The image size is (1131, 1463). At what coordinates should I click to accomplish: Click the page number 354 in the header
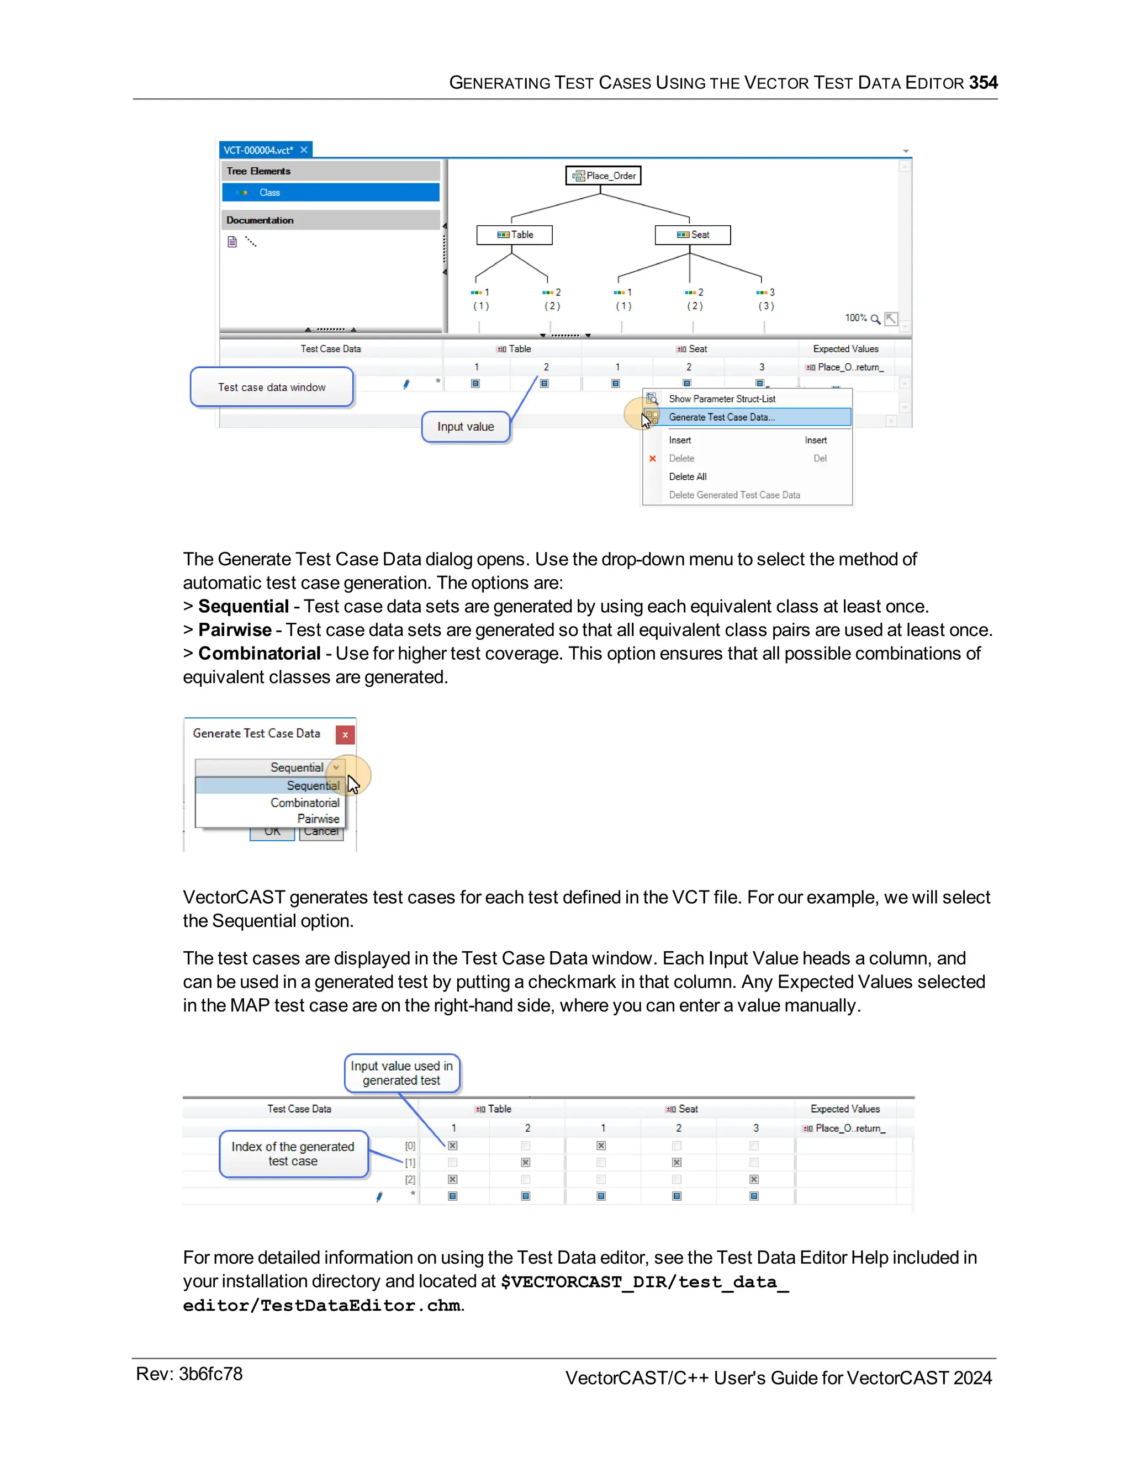(x=982, y=82)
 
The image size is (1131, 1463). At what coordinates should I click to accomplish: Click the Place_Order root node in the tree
(x=603, y=176)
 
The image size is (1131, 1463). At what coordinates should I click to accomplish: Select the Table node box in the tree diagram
(x=515, y=235)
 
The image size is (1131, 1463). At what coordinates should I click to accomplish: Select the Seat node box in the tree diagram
(x=693, y=235)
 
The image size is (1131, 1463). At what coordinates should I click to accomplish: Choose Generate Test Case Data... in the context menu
(x=722, y=417)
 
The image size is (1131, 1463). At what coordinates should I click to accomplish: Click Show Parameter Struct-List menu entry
(x=722, y=399)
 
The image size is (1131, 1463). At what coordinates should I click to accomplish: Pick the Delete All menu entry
(x=688, y=476)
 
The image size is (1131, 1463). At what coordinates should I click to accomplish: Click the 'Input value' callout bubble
(x=466, y=427)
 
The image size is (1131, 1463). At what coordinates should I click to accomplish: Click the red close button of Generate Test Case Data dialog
(x=345, y=734)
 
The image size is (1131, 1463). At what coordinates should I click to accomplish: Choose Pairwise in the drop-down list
(x=318, y=819)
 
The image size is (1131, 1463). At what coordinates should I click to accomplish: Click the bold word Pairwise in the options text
(x=235, y=630)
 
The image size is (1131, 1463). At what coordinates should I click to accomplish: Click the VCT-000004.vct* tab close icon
(x=304, y=150)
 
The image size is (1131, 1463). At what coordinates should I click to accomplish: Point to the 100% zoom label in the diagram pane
(x=855, y=317)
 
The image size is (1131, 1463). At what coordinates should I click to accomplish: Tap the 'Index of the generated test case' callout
(x=293, y=1153)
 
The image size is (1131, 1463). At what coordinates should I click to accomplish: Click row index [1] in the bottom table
(x=410, y=1162)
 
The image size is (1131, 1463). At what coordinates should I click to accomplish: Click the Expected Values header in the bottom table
(x=845, y=1109)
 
